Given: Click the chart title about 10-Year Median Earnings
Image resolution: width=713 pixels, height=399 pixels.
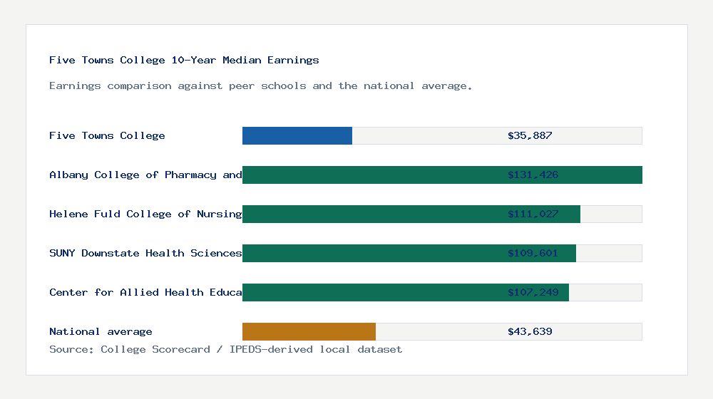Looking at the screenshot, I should click(184, 60).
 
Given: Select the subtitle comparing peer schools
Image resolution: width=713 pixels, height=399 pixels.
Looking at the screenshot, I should click(260, 85).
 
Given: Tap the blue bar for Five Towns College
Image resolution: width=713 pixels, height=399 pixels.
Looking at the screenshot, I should click(297, 135).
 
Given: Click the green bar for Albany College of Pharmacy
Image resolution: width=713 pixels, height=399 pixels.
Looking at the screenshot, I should click(371, 175).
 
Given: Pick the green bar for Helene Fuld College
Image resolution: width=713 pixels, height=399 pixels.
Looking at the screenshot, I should click(371, 214).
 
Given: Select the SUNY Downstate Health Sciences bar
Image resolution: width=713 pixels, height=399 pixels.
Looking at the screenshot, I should click(371, 253).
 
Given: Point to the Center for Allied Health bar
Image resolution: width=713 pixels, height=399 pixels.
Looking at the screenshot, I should click(371, 292).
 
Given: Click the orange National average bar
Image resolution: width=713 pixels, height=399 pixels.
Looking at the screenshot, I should click(309, 331).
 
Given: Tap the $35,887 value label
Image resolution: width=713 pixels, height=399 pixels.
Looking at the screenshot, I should click(530, 135).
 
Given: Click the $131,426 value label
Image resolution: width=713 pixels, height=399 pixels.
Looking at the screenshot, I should click(533, 175).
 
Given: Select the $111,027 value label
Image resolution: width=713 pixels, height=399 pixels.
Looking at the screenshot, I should click(533, 214).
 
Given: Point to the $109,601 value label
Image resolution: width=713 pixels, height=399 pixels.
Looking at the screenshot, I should click(533, 253).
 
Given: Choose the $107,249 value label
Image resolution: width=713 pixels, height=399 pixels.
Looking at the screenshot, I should click(533, 292).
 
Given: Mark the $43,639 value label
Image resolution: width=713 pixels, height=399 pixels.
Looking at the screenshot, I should click(530, 331).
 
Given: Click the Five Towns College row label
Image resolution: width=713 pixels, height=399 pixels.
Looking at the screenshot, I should click(107, 135).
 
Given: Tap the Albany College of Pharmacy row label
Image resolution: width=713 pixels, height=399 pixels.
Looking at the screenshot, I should click(145, 175).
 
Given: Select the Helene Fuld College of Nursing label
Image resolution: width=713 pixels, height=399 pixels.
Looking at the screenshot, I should click(145, 214).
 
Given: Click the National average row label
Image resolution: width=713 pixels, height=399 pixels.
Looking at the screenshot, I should click(101, 331).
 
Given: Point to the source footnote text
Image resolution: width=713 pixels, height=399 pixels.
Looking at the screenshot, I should click(225, 349).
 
